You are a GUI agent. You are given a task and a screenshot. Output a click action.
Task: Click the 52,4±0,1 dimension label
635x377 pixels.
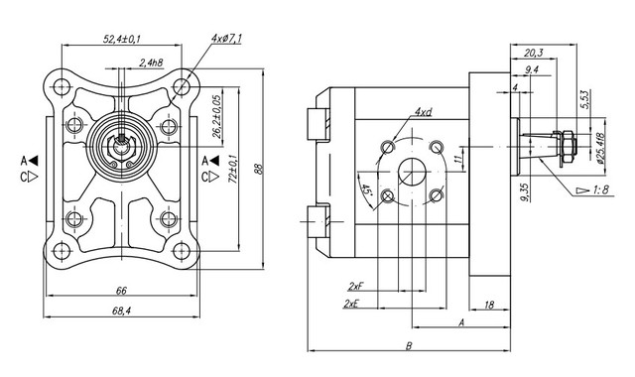click(121, 39)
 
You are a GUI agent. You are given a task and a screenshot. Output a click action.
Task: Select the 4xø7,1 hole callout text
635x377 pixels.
click(226, 39)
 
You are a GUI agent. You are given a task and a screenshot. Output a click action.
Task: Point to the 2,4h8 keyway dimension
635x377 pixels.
click(151, 63)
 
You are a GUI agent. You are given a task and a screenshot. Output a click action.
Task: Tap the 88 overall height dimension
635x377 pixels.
click(260, 169)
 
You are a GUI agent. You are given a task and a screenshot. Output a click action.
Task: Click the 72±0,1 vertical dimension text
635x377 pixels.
click(233, 169)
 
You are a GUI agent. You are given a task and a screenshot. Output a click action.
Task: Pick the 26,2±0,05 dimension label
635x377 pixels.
click(217, 117)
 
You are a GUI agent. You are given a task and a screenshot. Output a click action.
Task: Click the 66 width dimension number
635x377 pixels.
click(121, 291)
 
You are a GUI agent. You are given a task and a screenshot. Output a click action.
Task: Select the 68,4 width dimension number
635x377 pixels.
click(121, 311)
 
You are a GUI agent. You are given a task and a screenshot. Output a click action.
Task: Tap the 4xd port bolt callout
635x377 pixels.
click(423, 112)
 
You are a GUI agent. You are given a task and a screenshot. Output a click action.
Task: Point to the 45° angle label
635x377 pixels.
click(366, 189)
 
